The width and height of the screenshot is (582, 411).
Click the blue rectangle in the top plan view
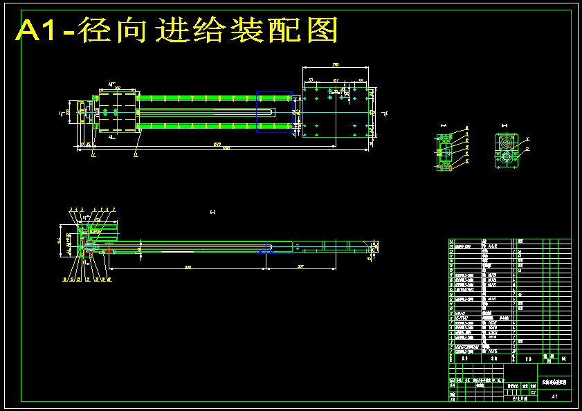pyautogui.click(x=274, y=111)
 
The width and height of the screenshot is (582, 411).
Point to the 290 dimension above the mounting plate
pyautogui.click(x=336, y=65)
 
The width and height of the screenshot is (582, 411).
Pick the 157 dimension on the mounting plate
pyautogui.click(x=336, y=81)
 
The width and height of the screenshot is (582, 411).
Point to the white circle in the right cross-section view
pyautogui.click(x=506, y=157)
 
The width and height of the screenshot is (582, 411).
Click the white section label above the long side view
pyautogui.click(x=212, y=212)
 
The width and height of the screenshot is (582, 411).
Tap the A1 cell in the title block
pyautogui.click(x=554, y=396)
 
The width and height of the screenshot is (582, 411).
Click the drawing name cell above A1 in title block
pyautogui.click(x=554, y=381)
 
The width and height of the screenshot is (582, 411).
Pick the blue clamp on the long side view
pyautogui.click(x=265, y=248)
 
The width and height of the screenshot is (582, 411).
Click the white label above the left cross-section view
pyautogui.click(x=444, y=125)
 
